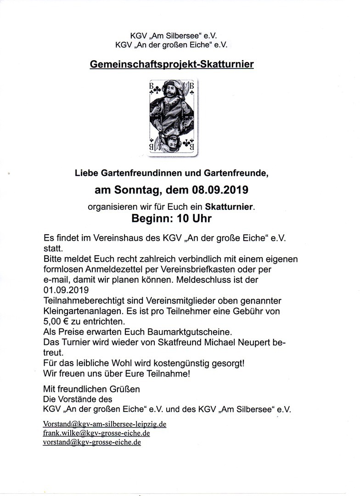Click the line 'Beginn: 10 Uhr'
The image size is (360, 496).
click(x=172, y=219)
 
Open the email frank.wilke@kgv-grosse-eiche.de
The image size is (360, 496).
click(x=96, y=433)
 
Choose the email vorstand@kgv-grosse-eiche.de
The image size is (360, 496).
click(x=92, y=442)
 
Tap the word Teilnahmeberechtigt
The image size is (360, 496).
click(x=85, y=300)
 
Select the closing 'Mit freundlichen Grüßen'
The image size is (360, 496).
click(x=91, y=389)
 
